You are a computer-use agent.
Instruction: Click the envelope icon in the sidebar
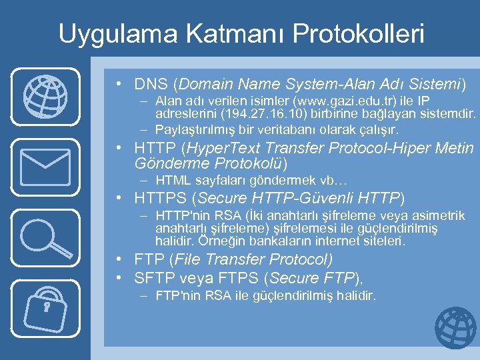(45, 167)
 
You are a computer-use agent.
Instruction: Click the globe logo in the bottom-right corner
(455, 328)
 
